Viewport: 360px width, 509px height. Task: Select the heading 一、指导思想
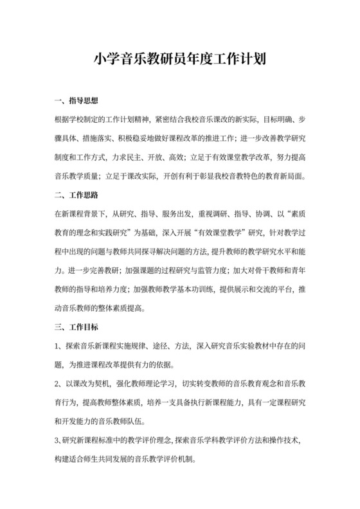pyautogui.click(x=76, y=101)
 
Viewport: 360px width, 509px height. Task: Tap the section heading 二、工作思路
pyautogui.click(x=76, y=193)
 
